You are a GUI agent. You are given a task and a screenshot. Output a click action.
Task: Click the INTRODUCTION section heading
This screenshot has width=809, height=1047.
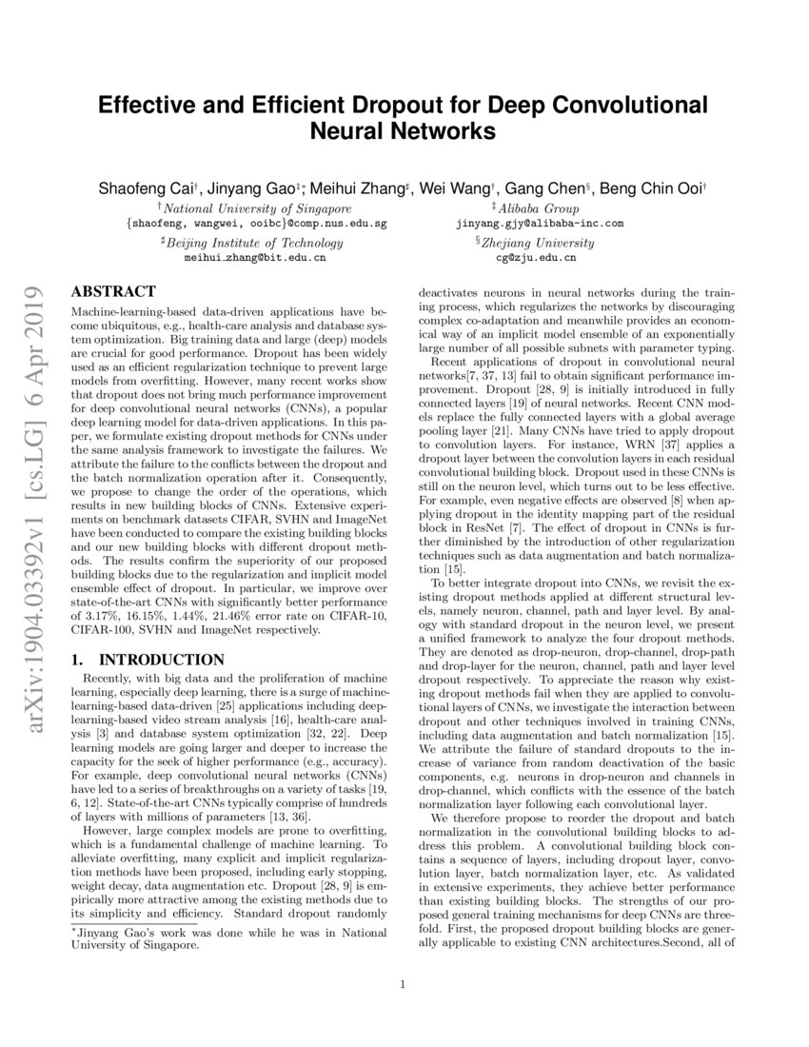[x=148, y=632]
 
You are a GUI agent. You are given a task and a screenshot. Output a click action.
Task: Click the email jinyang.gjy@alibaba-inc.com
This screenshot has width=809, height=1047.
[x=540, y=224]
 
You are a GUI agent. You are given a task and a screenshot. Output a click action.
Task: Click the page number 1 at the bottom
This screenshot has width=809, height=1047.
[x=404, y=984]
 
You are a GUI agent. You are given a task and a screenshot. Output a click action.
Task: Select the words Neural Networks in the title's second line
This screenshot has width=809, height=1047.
[x=404, y=130]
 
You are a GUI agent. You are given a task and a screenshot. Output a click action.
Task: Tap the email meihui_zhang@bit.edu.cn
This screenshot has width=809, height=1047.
[x=253, y=257]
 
